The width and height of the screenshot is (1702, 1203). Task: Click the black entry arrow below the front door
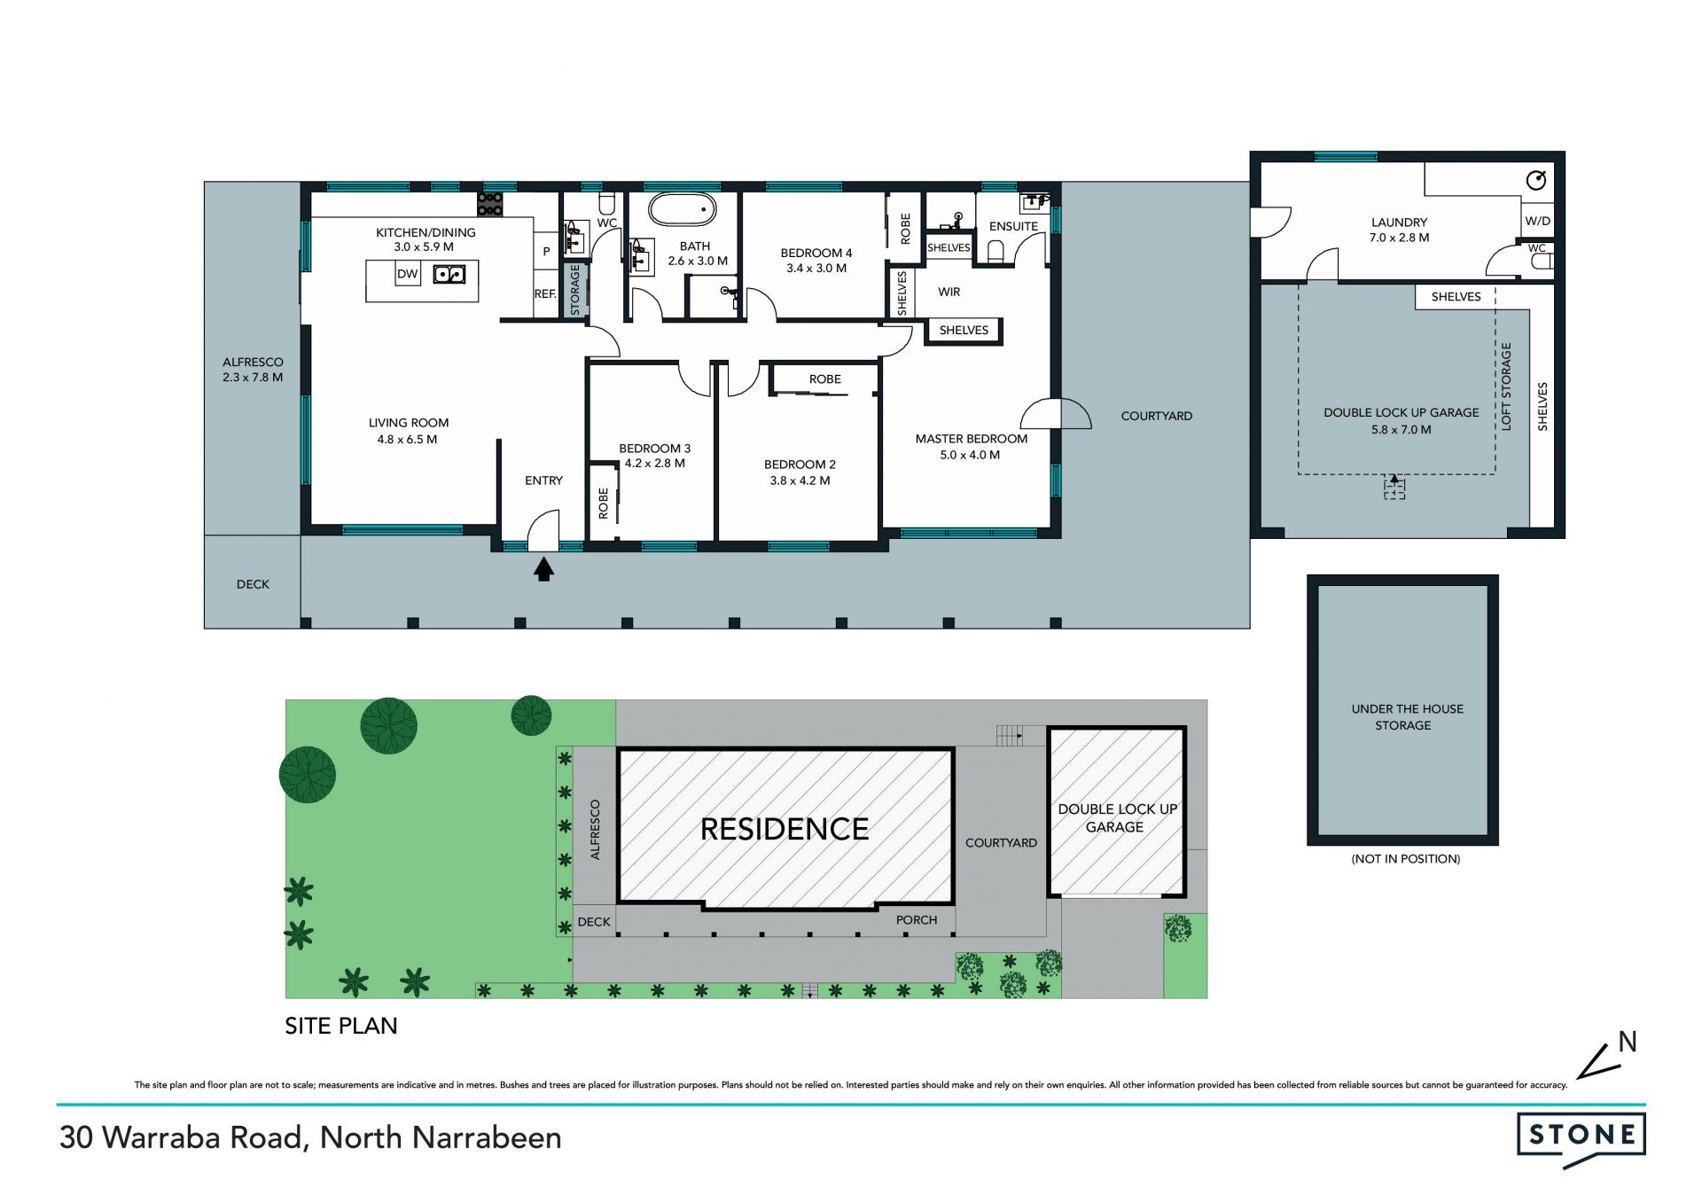pos(543,568)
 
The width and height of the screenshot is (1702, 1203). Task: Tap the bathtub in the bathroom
pos(683,210)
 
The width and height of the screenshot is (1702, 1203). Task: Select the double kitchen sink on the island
pos(449,275)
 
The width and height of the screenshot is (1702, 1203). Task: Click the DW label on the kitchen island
pos(408,274)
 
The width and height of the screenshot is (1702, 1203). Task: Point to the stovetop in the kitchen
pos(490,204)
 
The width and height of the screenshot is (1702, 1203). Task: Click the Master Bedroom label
pos(972,439)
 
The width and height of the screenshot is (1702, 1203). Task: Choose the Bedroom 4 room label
pos(816,253)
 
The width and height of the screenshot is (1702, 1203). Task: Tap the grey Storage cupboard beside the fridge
pos(574,290)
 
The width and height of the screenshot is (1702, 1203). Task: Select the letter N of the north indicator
pos(1628,1042)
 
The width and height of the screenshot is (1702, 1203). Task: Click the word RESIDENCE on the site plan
pos(785,829)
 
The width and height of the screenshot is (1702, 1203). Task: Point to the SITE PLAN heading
pos(341,1026)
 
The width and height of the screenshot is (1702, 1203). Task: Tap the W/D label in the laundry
pos(1538,222)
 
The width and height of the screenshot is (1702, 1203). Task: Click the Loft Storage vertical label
pos(1506,387)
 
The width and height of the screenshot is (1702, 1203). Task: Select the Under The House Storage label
pos(1407,717)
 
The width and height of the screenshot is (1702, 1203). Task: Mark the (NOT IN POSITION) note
pos(1406,859)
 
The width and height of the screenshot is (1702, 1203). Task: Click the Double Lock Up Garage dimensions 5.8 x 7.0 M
pos(1401,430)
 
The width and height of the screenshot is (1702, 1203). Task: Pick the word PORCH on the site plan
pos(917,920)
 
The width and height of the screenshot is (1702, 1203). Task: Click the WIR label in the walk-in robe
pos(949,292)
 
